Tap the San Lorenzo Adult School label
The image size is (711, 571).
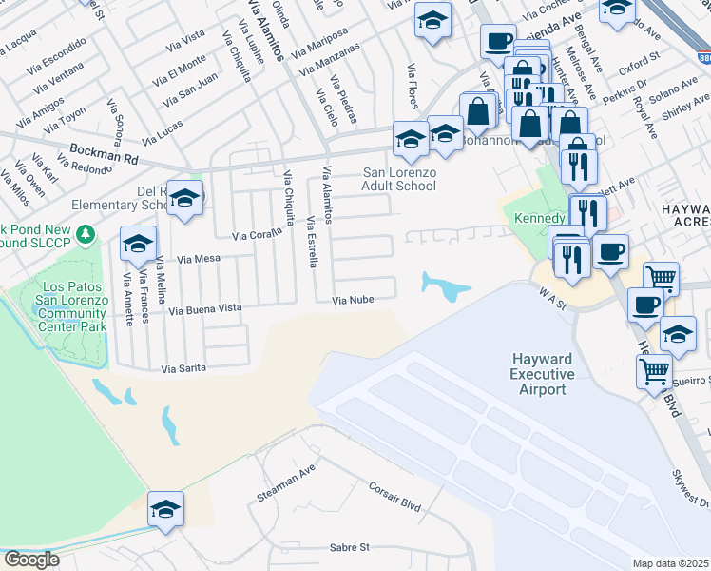tap(400, 179)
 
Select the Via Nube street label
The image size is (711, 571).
tap(352, 301)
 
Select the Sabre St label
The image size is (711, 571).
tap(348, 547)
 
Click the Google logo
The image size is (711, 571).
tap(31, 560)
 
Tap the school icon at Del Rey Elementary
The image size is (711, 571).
tap(185, 197)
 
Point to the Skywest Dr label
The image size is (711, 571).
tap(690, 489)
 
